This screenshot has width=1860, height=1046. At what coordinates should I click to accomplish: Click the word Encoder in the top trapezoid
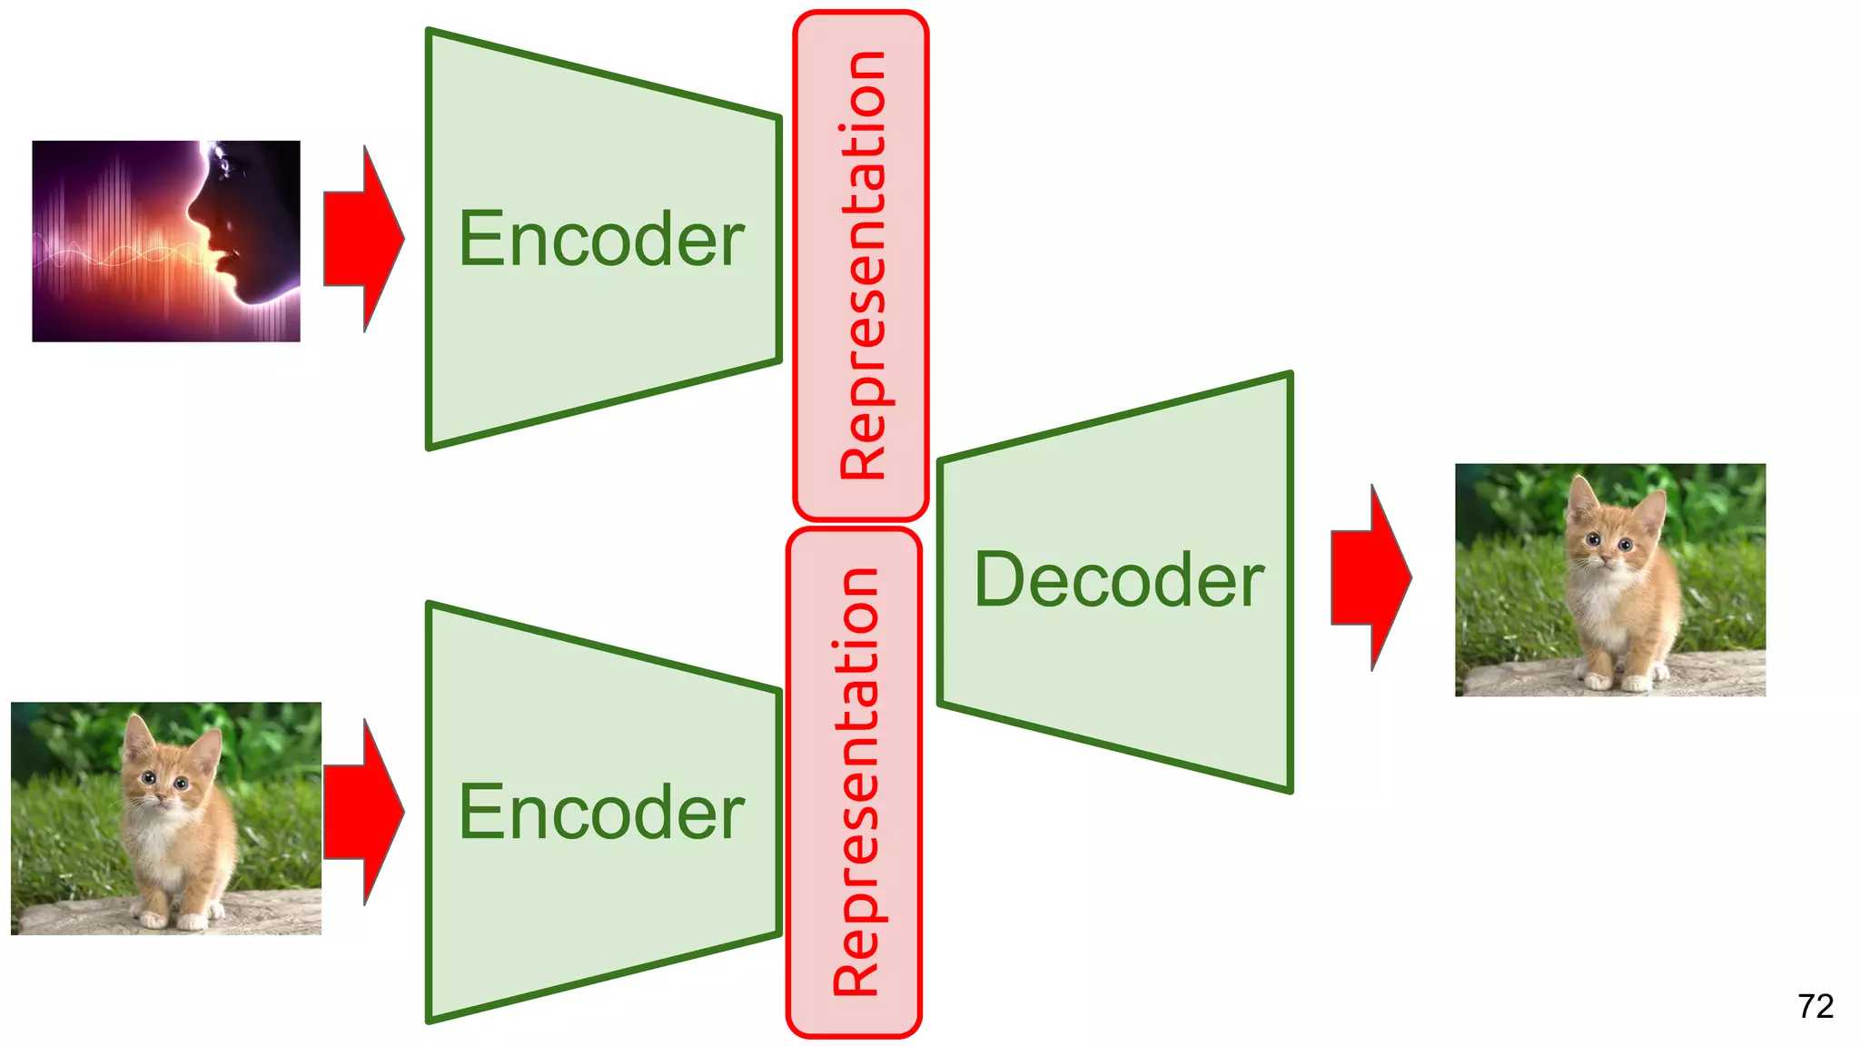click(x=601, y=239)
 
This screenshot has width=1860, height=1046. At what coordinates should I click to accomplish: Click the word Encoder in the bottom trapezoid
click(x=601, y=813)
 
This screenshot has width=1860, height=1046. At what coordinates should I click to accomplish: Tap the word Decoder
click(x=1118, y=580)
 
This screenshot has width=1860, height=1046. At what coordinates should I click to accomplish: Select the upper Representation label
click(x=861, y=265)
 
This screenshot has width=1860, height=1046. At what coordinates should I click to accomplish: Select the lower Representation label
click(x=855, y=782)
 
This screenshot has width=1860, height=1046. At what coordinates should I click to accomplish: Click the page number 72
click(x=1815, y=1006)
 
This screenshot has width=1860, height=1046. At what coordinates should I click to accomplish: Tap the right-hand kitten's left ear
click(x=1582, y=498)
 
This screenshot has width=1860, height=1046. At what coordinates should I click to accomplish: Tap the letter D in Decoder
click(x=997, y=580)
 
